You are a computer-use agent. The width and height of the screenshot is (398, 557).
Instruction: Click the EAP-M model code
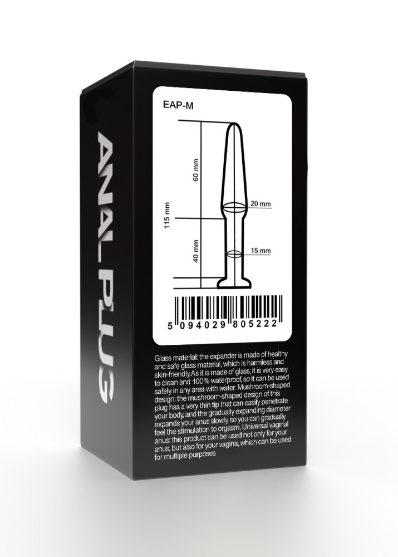[x=178, y=105]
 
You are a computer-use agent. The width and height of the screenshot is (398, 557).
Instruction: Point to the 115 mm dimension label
[x=168, y=216]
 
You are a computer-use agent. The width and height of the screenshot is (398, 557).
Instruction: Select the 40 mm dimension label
[x=195, y=251]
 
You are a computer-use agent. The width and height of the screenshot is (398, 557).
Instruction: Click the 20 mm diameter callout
[x=261, y=204]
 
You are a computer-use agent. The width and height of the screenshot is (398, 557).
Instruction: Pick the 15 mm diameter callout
[x=261, y=251]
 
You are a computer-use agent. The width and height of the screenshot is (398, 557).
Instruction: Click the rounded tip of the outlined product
[x=234, y=125]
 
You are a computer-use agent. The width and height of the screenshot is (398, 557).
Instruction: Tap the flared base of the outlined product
[x=235, y=284]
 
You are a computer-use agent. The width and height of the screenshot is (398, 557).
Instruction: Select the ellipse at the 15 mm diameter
[x=234, y=253]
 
